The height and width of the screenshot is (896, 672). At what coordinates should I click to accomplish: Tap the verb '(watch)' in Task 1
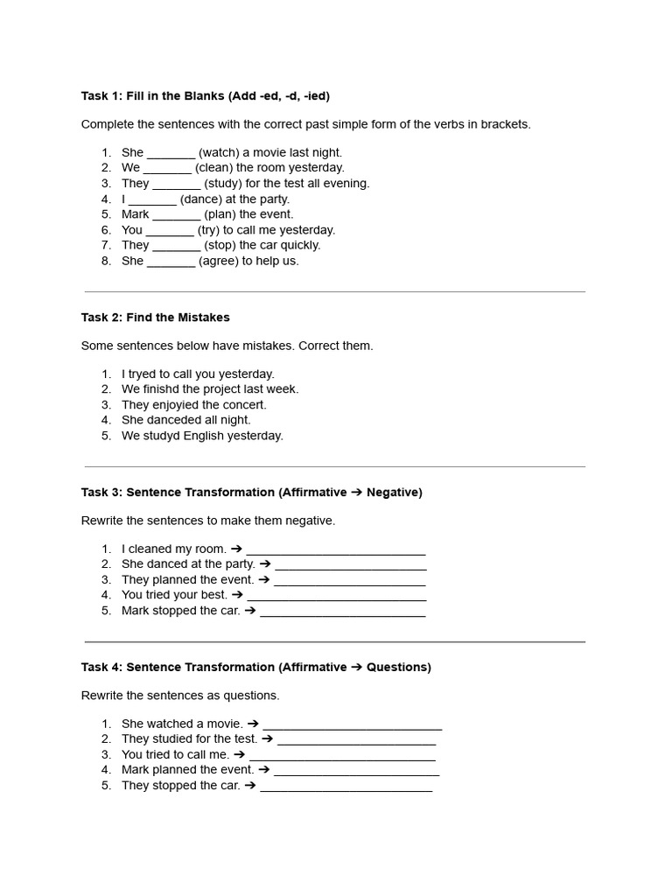[220, 152]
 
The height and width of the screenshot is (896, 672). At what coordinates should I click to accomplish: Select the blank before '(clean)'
[167, 168]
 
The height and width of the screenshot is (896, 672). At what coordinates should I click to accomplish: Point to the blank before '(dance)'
[153, 199]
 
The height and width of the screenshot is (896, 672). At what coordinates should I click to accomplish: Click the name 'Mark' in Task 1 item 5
[136, 214]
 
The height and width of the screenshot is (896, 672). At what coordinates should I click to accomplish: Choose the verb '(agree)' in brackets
[219, 261]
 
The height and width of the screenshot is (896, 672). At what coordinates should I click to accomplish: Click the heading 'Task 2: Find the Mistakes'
[155, 317]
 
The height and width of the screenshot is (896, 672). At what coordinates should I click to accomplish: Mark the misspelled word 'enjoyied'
[178, 405]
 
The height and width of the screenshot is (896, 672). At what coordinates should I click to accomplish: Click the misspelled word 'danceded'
[171, 420]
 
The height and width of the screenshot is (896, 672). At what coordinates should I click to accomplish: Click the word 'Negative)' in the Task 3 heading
[394, 493]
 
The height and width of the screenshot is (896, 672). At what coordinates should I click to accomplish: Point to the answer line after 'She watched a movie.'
[353, 726]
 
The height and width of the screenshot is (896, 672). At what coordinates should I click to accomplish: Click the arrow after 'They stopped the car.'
[249, 786]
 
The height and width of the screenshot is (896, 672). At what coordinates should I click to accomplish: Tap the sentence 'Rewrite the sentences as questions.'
[180, 696]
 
